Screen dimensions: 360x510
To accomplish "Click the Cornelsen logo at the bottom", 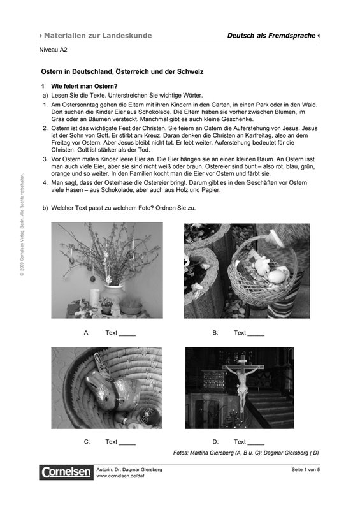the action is click(66, 472).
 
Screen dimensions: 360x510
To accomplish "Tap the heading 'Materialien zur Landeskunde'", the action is click(98, 36).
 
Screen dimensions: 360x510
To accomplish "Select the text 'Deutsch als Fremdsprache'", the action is click(271, 36).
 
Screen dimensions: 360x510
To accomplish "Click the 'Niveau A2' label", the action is click(53, 50).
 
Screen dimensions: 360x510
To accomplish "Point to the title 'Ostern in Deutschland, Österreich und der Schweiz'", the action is click(122, 71).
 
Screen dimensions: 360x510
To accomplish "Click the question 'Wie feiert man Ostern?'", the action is click(84, 86).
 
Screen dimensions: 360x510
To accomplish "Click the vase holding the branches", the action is click(113, 293).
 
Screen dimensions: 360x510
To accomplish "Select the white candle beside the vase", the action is click(94, 298).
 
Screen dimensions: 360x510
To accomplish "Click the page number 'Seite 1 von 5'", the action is click(306, 470).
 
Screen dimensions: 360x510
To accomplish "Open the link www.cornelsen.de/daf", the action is click(120, 476).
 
